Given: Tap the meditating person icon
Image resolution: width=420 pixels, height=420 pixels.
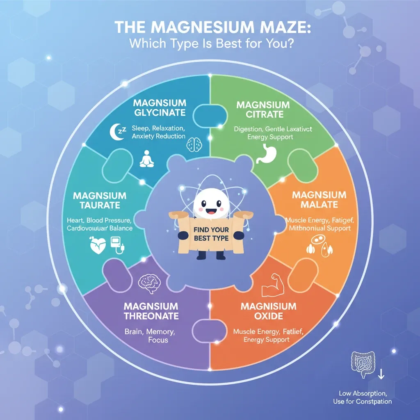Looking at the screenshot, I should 146,159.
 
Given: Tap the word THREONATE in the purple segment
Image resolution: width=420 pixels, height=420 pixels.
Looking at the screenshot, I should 151,316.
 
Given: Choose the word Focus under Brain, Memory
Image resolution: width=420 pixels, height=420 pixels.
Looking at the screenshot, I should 158,340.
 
